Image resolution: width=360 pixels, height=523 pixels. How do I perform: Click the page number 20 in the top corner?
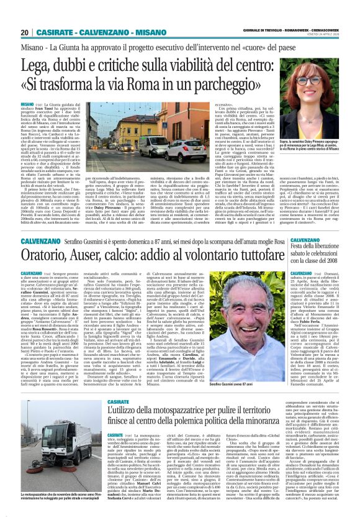(x=25, y=32)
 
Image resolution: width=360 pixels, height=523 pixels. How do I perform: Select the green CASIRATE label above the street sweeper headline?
(x=117, y=384)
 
